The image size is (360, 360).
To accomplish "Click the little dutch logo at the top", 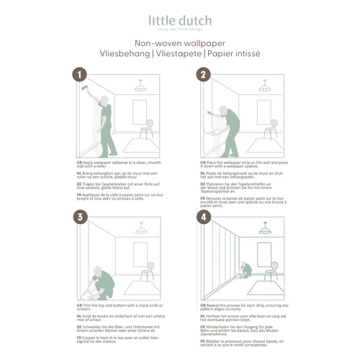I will coord(179,21).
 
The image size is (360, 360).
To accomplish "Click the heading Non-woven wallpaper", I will coord(180,44).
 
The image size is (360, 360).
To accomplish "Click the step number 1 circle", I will coord(81,74).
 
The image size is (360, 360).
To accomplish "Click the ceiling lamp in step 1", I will coord(140,87).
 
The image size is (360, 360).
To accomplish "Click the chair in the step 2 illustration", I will coord(271,130).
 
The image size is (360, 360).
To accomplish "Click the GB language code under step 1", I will coord(79,165).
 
